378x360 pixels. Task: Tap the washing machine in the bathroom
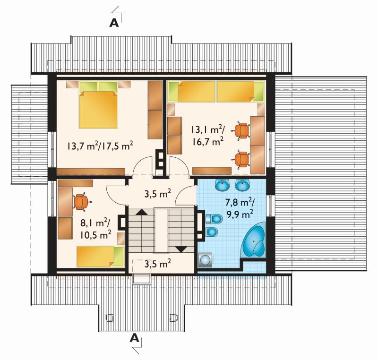206,260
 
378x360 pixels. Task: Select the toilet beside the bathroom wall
214,219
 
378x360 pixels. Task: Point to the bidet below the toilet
212,232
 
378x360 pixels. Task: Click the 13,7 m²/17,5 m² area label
100,146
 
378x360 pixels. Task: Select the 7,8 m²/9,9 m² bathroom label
240,208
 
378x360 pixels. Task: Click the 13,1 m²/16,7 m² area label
207,135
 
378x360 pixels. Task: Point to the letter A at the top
114,23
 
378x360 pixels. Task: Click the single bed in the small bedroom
100,257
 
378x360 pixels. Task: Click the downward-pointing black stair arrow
181,249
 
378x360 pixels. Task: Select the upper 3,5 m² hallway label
158,194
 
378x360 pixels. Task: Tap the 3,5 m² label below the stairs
158,264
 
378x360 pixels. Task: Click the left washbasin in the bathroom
222,185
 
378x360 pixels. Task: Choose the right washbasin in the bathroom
242,185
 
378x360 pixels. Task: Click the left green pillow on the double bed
88,86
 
